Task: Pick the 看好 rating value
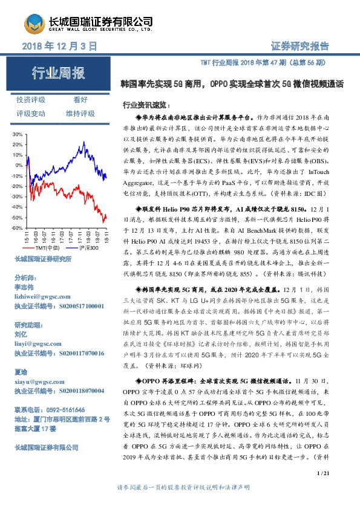(80, 100)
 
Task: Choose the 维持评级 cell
(80, 113)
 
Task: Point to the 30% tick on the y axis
(18, 134)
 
